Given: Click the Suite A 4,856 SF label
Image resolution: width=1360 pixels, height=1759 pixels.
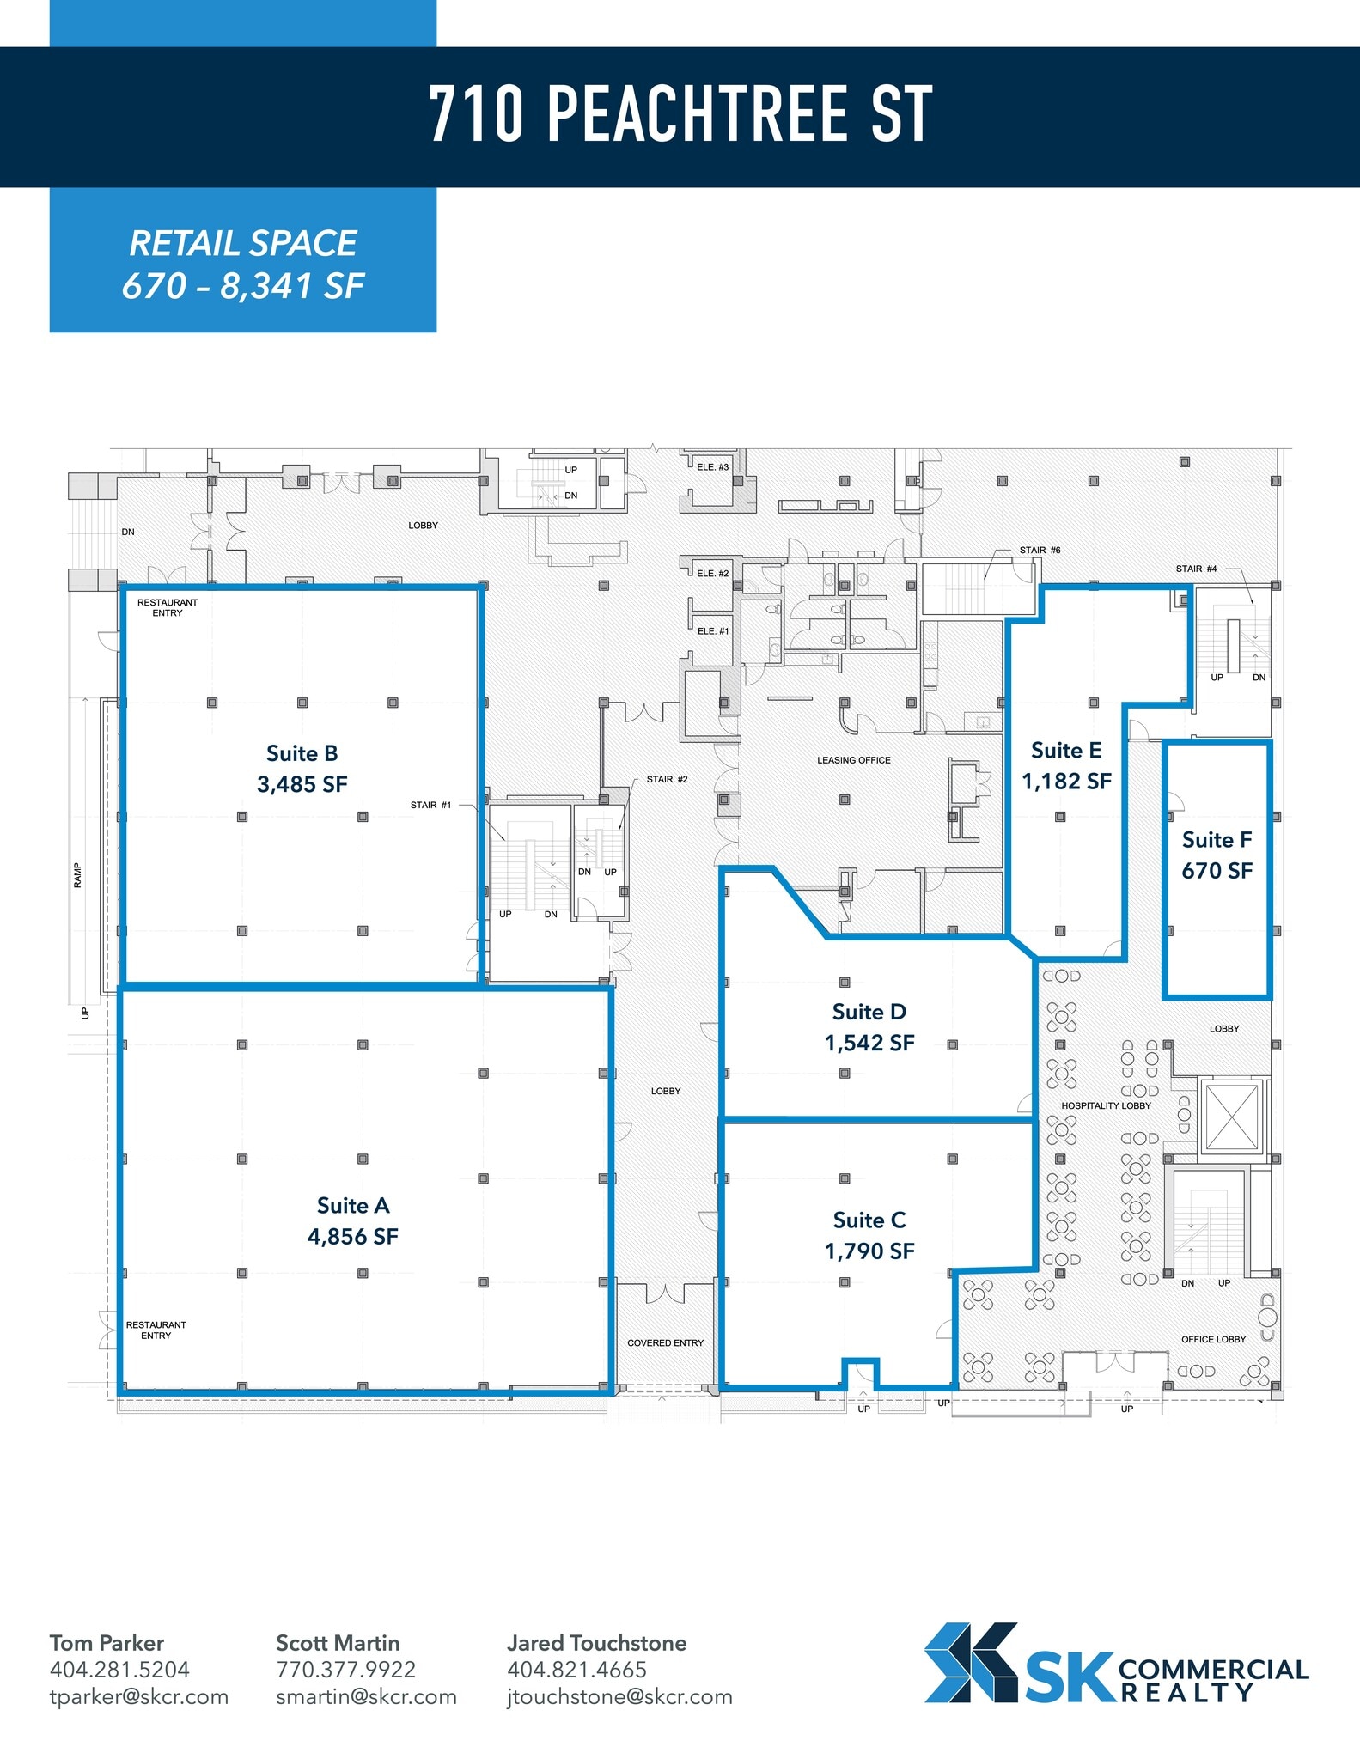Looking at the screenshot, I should pos(353,1220).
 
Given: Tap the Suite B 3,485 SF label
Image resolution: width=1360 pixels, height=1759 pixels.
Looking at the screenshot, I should pos(302,769).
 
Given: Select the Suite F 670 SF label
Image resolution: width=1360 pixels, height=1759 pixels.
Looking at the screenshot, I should pos(1217,855).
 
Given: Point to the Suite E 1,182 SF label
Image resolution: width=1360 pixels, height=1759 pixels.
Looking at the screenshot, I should pos(1066,765).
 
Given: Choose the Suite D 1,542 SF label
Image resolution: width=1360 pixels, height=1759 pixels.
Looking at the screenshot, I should pos(869,1027).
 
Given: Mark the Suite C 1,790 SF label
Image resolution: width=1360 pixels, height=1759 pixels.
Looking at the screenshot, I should pos(869,1236).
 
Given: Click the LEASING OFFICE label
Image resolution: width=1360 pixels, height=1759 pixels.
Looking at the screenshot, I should pos(853,760).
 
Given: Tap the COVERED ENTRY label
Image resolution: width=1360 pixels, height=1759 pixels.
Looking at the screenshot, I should pos(665,1342).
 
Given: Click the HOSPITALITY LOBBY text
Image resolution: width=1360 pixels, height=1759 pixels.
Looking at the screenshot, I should pos(1106,1105).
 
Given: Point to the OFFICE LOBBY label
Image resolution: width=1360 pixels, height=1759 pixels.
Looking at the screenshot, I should pos(1213,1339).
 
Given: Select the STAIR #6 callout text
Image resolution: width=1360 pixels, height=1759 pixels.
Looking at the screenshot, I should pos(1040,550).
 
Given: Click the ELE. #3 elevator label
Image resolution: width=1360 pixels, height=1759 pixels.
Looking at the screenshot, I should pos(712,467).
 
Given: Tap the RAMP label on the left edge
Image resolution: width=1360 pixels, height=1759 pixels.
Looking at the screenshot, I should pos(77,875).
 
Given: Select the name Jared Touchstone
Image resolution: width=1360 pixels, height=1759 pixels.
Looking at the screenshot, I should pos(596,1643).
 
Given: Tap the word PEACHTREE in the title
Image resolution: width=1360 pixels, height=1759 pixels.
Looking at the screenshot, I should pos(697,114).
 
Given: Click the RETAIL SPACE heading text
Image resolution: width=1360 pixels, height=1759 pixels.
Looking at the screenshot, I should pos(243,244).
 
